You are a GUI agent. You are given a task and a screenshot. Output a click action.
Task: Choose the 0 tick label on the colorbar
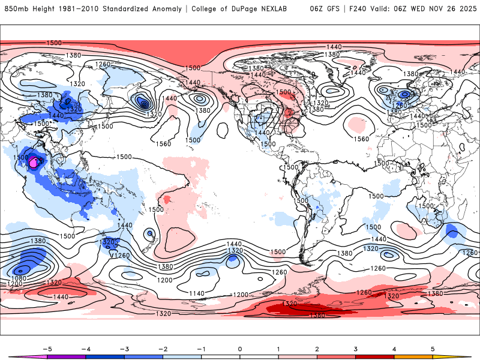(240, 348)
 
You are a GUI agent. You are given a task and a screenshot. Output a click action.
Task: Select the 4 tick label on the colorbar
(394, 348)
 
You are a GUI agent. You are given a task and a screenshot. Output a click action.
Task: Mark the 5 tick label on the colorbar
(433, 348)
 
